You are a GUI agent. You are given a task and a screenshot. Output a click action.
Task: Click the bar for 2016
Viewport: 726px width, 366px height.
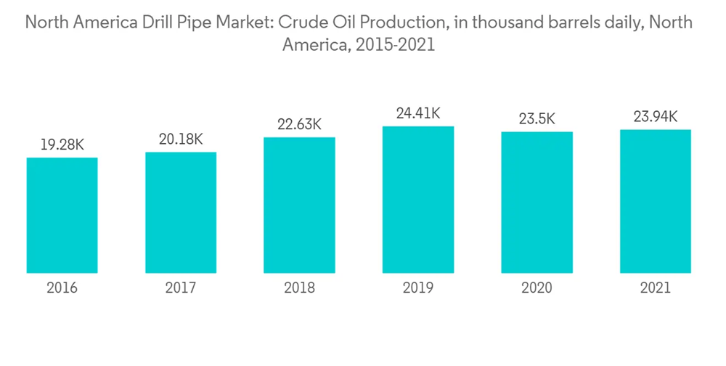click(x=62, y=216)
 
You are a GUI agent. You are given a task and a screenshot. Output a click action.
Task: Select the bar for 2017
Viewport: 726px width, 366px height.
click(x=181, y=213)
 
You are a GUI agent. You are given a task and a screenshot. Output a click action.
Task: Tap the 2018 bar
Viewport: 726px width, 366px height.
click(x=299, y=206)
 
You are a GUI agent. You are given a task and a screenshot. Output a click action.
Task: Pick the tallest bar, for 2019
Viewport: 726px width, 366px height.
click(x=418, y=200)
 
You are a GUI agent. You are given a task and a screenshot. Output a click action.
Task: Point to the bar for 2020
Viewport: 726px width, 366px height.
click(x=537, y=203)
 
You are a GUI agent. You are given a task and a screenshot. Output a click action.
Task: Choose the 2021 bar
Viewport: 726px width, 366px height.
click(x=655, y=201)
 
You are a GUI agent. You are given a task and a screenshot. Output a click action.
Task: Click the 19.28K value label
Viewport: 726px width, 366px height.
click(x=62, y=145)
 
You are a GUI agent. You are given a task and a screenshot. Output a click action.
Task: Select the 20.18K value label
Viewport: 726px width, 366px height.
click(x=181, y=139)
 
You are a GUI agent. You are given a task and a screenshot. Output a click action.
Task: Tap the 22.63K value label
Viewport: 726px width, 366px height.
click(x=299, y=124)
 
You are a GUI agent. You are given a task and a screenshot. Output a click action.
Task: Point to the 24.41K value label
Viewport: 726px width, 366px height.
click(x=418, y=113)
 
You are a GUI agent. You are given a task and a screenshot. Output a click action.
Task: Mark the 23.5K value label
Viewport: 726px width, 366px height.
click(x=537, y=119)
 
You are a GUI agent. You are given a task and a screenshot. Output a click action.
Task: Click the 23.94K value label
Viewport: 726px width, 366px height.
click(x=655, y=117)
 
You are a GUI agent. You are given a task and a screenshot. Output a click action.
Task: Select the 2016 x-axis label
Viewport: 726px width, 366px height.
click(x=62, y=288)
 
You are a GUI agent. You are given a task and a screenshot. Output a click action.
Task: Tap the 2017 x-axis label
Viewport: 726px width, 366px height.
click(x=181, y=288)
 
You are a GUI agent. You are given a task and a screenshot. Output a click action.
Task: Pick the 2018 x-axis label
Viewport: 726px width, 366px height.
click(x=299, y=288)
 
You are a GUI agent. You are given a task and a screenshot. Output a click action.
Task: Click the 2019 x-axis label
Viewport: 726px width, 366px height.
click(x=418, y=288)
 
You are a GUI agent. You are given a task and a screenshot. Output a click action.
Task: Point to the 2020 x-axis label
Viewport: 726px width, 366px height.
click(x=537, y=288)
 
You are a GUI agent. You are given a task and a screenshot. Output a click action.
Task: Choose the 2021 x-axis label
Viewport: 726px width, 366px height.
click(x=655, y=288)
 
